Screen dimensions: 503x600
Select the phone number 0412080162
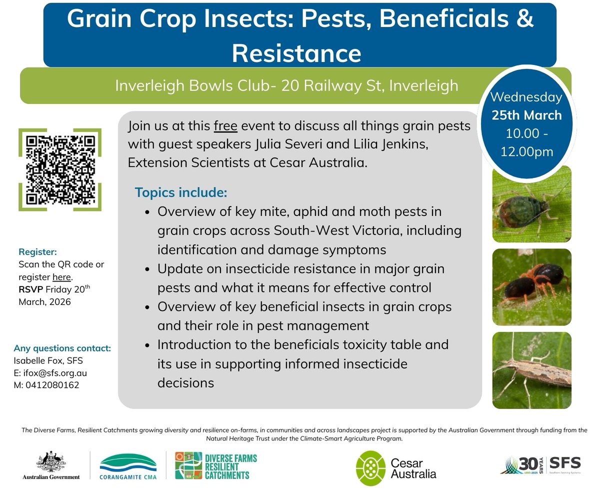tap(49, 385)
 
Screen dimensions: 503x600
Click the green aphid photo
tap(531, 204)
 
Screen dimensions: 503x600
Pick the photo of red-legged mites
tap(531, 287)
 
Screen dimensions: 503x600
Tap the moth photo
tap(531, 370)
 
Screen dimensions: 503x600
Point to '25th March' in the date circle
tap(526, 115)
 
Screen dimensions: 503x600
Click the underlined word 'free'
tap(225, 125)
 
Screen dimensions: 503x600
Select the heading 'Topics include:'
tap(180, 192)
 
